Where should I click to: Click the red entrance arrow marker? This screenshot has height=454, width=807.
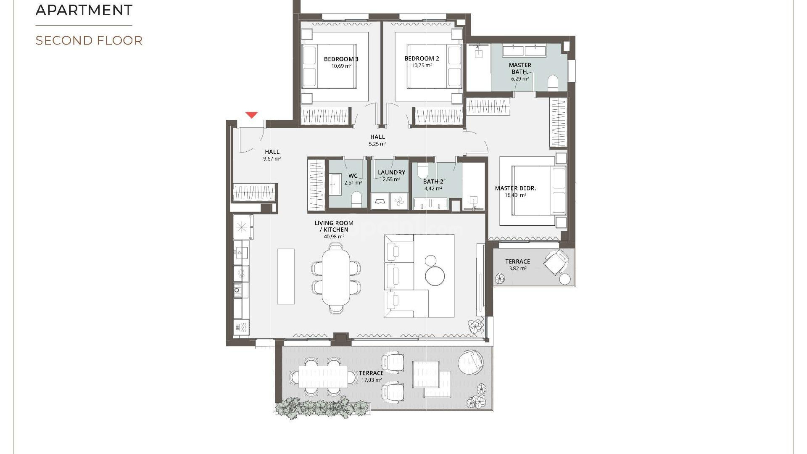251,115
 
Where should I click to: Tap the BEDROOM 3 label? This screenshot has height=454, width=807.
341,59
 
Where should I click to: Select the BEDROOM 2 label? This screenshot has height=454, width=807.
422,58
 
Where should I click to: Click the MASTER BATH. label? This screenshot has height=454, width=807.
520,69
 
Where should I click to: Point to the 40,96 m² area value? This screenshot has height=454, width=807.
334,237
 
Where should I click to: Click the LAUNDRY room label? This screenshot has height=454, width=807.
391,172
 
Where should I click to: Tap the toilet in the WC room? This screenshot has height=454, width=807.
356,199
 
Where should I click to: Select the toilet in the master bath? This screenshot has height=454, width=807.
553,83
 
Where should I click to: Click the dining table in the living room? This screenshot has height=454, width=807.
336,280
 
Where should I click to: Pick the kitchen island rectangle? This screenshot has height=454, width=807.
286,276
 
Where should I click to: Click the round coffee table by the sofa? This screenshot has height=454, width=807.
435,276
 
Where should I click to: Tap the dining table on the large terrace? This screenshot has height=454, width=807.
323,376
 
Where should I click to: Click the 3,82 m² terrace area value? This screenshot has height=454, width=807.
517,268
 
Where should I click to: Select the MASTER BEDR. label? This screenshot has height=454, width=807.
515,188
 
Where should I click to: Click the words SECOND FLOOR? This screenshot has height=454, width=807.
89,41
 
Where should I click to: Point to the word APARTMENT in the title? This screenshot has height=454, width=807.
84,10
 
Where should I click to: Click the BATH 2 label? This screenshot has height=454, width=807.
433,182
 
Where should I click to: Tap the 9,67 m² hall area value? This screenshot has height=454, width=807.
272,159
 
